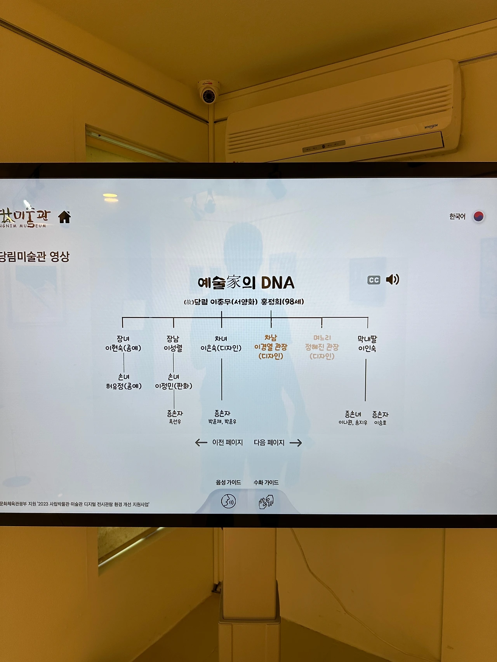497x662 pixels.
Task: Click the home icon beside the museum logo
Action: pos(64,217)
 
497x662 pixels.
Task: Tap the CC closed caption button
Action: pos(374,280)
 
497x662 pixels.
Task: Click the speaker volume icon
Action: pos(392,279)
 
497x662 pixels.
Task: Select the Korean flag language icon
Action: pos(479,216)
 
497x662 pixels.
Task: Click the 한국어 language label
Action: pos(457,217)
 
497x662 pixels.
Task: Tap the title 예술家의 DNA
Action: pos(246,283)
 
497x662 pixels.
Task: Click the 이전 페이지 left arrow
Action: pos(201,443)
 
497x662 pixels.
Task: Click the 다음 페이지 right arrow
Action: pos(295,443)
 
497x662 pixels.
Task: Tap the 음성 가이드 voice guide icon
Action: pos(228,501)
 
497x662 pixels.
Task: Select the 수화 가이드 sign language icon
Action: pos(266,501)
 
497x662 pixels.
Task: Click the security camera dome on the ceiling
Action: pos(208,92)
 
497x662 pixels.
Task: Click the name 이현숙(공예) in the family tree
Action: pos(123,348)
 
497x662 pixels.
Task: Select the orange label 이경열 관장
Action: pos(271,347)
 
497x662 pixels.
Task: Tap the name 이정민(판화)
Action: pos(174,386)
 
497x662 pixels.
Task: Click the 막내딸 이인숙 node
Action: pos(367,344)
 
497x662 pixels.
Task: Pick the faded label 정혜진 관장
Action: pos(321,347)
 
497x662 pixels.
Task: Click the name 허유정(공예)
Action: pos(124,386)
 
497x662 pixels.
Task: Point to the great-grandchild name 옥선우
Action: pos(175,422)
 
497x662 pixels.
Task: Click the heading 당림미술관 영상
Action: pos(35,257)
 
